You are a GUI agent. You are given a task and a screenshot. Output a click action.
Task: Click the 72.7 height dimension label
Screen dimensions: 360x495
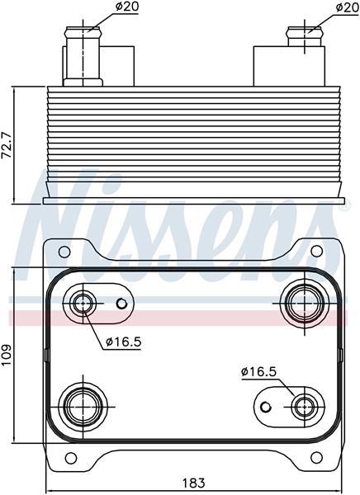pyautogui.click(x=7, y=145)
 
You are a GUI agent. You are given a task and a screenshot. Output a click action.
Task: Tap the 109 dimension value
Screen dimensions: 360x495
pyautogui.click(x=7, y=355)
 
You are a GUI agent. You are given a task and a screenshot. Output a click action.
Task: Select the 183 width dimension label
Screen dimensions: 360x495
pyautogui.click(x=194, y=483)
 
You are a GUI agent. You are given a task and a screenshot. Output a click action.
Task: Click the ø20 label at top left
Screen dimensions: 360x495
pyautogui.click(x=127, y=7)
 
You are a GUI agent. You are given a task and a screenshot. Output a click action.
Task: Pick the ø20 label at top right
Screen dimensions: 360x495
pyautogui.click(x=348, y=7)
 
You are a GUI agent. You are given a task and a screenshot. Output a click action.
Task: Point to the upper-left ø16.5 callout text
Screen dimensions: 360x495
pyautogui.click(x=124, y=342)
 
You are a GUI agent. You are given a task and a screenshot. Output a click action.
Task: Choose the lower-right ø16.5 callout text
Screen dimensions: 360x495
pyautogui.click(x=258, y=372)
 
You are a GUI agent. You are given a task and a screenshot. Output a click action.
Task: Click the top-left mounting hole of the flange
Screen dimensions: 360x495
pyautogui.click(x=64, y=252)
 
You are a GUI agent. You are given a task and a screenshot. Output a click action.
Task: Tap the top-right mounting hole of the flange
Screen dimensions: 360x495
pyautogui.click(x=316, y=251)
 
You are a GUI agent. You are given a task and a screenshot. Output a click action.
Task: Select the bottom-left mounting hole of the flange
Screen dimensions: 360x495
pyautogui.click(x=70, y=458)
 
